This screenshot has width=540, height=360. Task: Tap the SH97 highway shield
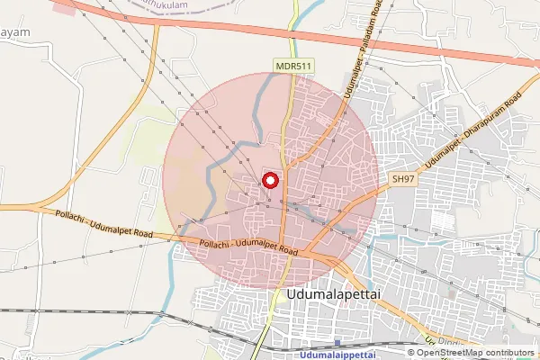(402, 180)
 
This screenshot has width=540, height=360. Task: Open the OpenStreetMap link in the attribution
(464, 352)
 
